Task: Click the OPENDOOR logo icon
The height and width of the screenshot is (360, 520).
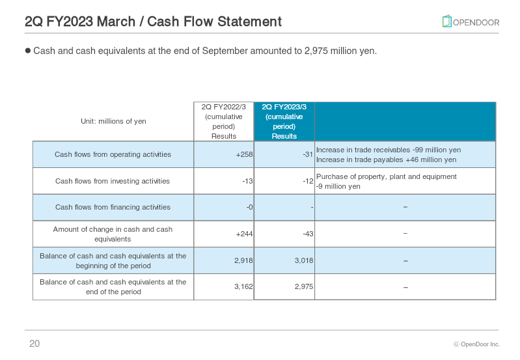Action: pos(446,21)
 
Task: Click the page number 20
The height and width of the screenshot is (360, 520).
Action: pos(34,344)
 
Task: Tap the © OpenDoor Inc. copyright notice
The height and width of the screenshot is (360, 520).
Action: pos(476,344)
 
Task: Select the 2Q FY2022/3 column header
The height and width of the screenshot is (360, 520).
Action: pos(224,122)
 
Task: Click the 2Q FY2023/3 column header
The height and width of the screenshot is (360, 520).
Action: pos(284,122)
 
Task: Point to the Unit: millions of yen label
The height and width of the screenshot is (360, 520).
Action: pos(113,121)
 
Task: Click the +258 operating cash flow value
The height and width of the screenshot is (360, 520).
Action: pos(245,154)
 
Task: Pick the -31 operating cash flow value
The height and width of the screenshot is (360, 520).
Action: pos(308,154)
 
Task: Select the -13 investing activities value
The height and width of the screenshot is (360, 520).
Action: pos(247,181)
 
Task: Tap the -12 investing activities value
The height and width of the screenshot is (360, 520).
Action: pos(308,181)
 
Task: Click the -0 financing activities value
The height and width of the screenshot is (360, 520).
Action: pos(250,207)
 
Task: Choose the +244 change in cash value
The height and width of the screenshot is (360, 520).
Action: pos(245,234)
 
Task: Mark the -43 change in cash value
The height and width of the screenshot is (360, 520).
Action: pos(308,234)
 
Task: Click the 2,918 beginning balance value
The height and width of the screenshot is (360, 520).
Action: pos(244,260)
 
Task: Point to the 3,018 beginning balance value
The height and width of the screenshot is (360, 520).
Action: pos(304,260)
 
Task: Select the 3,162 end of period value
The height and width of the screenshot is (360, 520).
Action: pos(244,286)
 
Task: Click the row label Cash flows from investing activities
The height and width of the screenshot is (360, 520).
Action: pos(113,181)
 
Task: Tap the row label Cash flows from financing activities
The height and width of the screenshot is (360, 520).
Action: pos(113,207)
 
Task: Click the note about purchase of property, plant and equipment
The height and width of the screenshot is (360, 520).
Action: pos(387,181)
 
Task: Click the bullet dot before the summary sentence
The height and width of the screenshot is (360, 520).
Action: pos(28,51)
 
